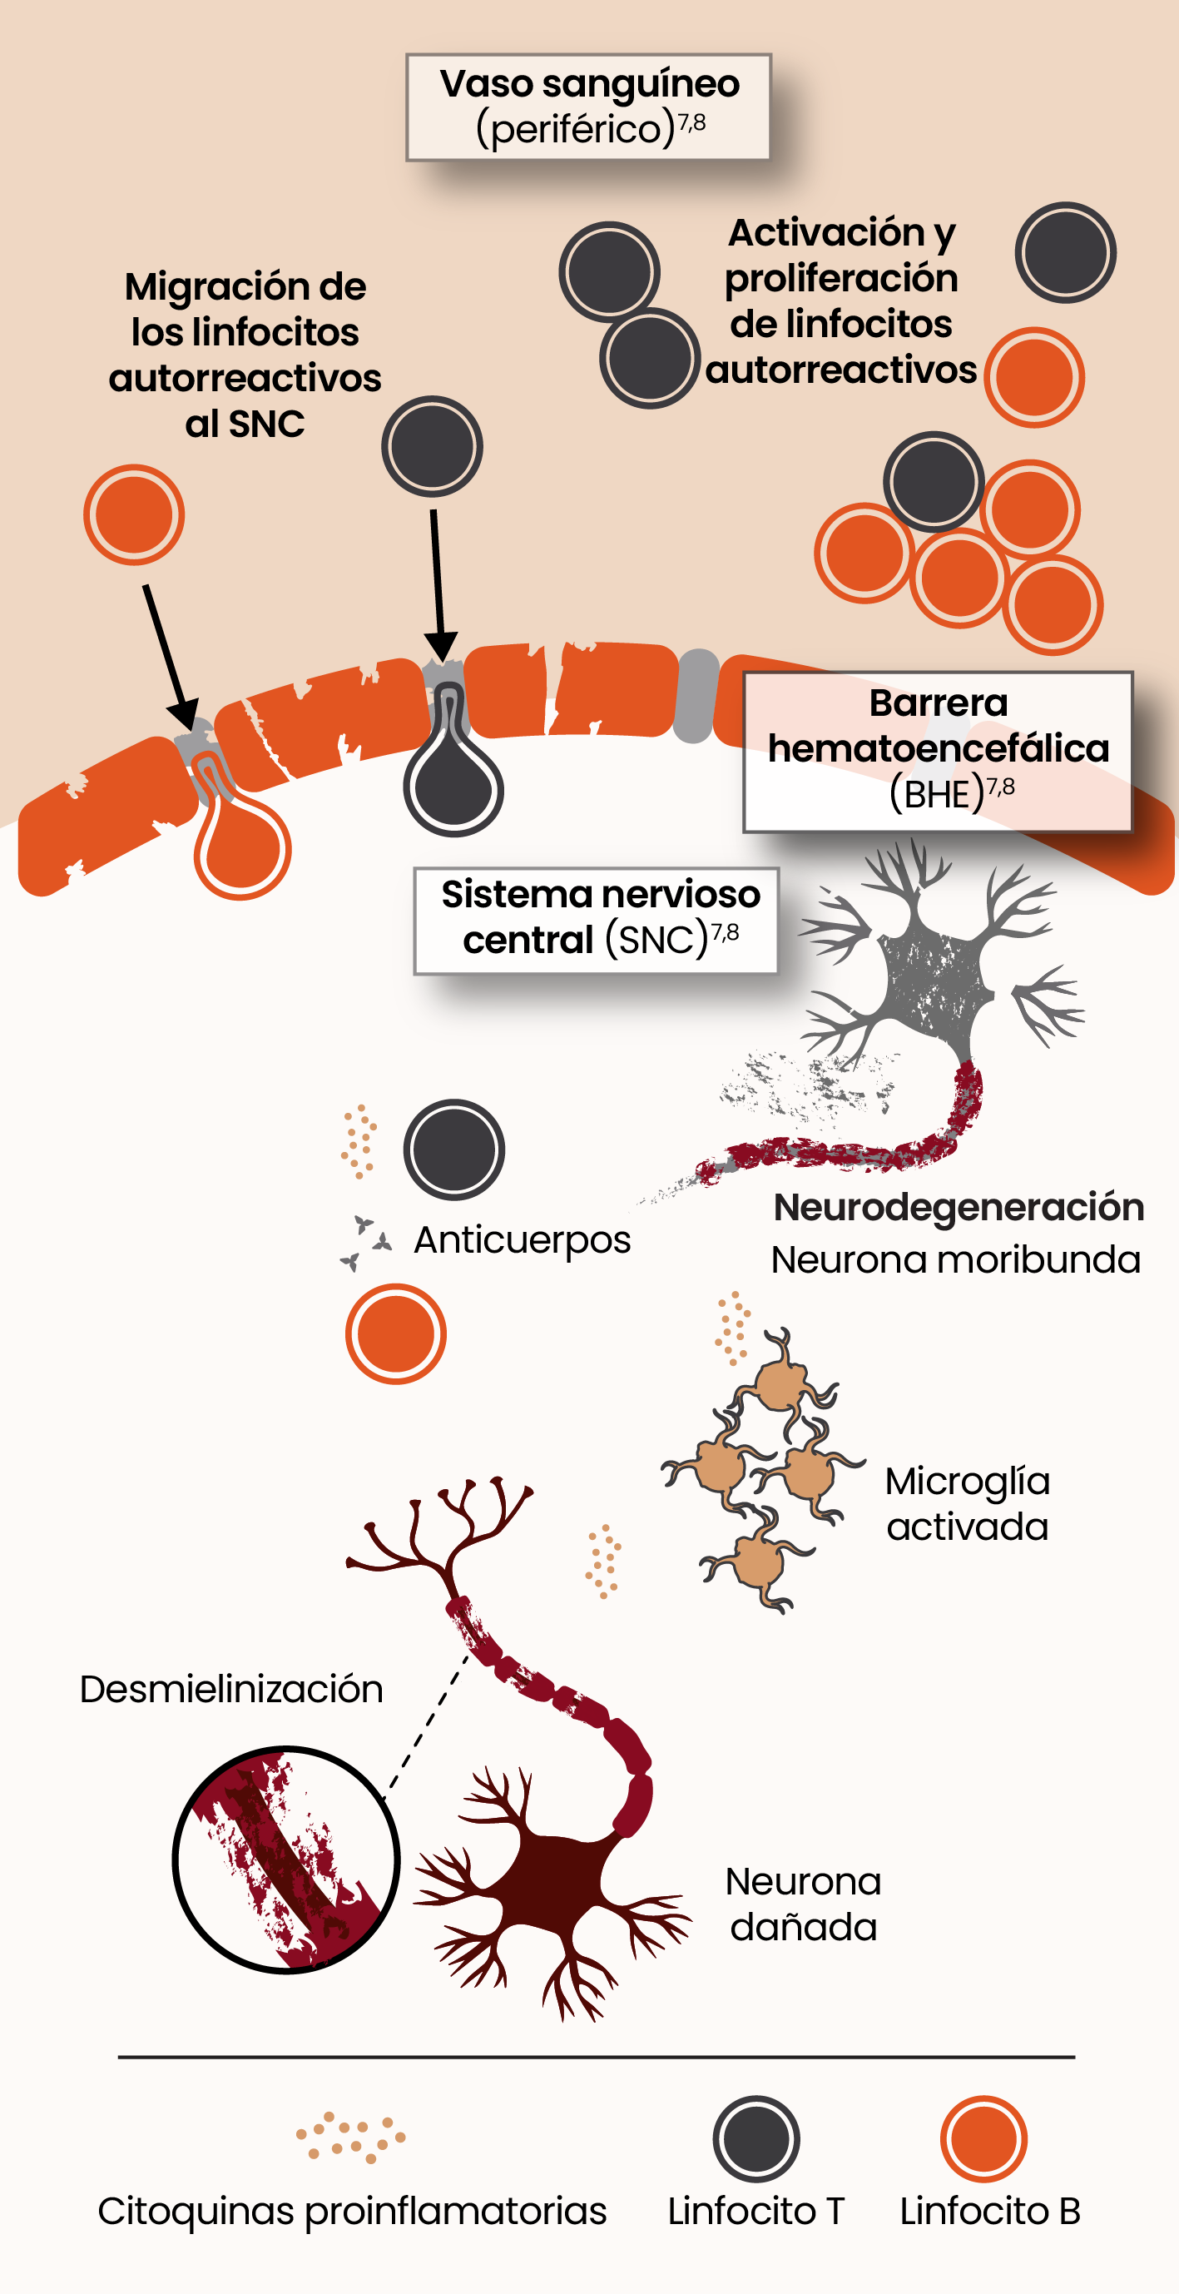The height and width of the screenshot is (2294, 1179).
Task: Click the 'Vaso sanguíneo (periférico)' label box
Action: click(x=587, y=107)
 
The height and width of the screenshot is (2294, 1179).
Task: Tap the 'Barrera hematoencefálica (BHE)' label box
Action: click(x=938, y=751)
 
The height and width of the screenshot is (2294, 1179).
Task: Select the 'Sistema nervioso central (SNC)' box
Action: click(x=595, y=920)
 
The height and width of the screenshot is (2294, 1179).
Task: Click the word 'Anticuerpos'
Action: click(x=522, y=1239)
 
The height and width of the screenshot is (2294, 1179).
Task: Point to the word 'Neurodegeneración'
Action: click(x=959, y=1208)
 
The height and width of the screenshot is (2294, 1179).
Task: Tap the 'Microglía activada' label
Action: click(x=967, y=1503)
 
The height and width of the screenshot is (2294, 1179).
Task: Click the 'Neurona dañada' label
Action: click(x=802, y=1904)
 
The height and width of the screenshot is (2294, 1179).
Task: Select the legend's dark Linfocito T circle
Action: click(x=756, y=2139)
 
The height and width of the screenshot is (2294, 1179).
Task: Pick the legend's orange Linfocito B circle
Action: click(x=983, y=2139)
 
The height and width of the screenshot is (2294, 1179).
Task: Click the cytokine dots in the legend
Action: click(x=350, y=2136)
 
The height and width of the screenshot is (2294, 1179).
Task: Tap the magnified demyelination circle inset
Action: click(x=285, y=1860)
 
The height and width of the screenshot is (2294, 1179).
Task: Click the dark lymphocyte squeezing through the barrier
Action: click(x=453, y=779)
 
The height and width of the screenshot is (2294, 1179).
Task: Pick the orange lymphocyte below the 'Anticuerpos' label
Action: click(x=395, y=1333)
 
